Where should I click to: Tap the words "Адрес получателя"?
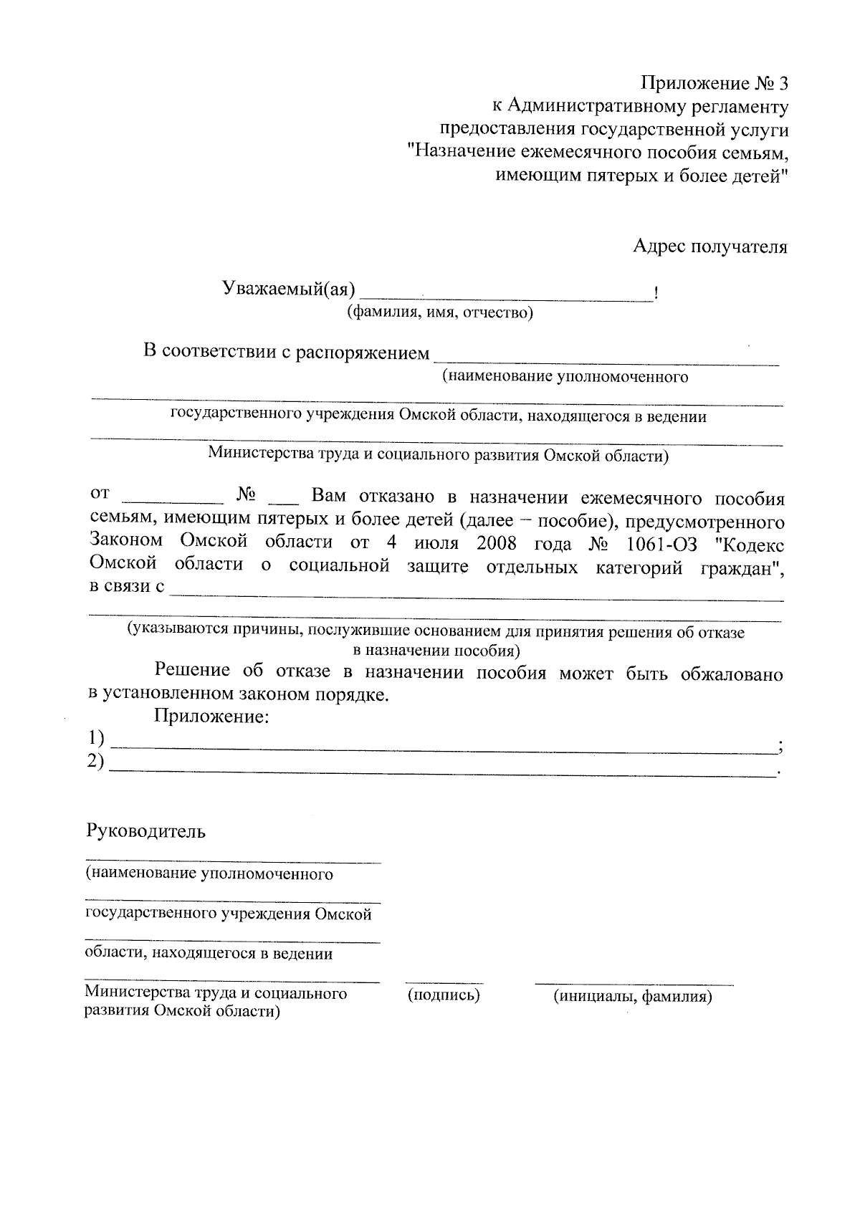(710, 247)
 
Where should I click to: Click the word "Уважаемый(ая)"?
(289, 289)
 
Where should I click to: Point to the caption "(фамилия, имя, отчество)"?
(440, 313)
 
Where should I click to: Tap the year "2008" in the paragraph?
(497, 543)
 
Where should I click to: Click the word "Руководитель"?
(146, 831)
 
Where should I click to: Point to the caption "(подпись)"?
(444, 995)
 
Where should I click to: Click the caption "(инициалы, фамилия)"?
(633, 996)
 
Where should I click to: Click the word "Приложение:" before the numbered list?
(211, 717)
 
